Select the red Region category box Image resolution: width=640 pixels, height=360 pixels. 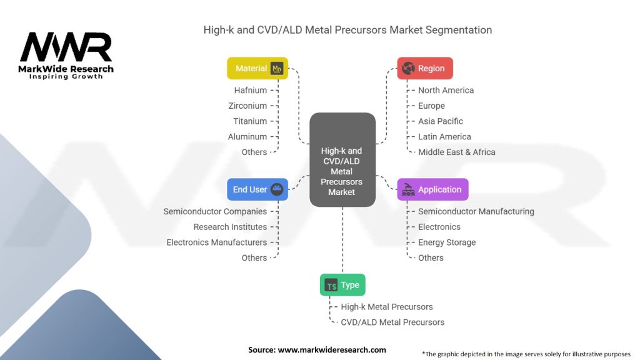coord(425,68)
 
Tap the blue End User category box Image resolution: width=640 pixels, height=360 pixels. coord(256,189)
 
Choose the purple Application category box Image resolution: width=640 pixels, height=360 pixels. coord(432,189)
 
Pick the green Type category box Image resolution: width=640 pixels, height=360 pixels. coord(342,285)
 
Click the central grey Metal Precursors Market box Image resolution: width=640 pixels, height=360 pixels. coord(342,160)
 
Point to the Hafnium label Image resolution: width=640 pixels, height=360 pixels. coord(250,90)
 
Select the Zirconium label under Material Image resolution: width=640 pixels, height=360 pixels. coord(247,106)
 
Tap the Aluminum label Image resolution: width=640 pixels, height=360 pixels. coord(247,136)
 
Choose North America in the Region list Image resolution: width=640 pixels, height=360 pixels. coord(446,90)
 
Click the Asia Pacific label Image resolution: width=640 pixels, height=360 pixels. coord(441,121)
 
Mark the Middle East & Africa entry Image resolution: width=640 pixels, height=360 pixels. coord(456,152)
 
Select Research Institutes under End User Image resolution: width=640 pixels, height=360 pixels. coord(230,227)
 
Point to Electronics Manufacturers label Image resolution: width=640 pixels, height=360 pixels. coord(216,242)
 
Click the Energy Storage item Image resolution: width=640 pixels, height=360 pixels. coord(447,242)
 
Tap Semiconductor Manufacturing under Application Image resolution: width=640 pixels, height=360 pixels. coord(476,211)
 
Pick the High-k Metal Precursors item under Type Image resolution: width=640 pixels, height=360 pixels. coord(386,307)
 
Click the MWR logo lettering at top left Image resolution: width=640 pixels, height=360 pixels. coord(66,49)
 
